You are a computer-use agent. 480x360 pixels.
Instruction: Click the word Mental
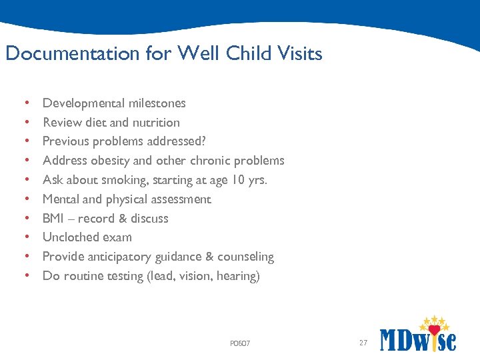tap(61, 199)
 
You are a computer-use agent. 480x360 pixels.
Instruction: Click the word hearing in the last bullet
tap(237, 276)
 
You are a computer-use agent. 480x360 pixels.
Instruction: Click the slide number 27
tap(363, 343)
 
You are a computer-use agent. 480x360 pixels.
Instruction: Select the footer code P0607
tap(239, 343)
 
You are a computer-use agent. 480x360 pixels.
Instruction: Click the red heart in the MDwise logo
tap(435, 329)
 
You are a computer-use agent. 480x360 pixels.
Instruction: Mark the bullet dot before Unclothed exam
tap(25, 237)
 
